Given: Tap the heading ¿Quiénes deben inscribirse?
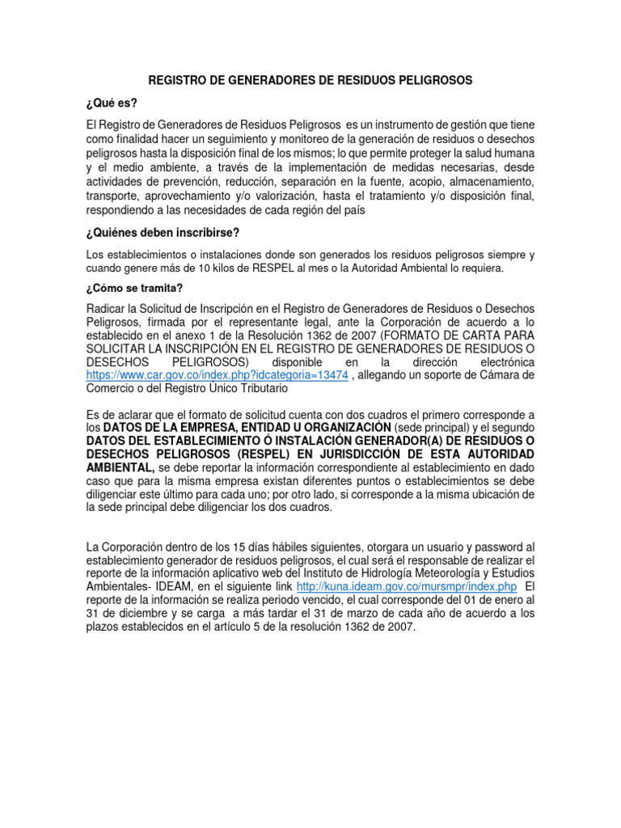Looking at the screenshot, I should coord(163,233).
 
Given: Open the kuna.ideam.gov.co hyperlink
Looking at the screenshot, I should coord(407,585).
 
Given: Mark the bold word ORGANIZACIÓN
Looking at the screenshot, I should coord(340,426).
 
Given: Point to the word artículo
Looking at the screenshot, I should coord(272,627).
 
